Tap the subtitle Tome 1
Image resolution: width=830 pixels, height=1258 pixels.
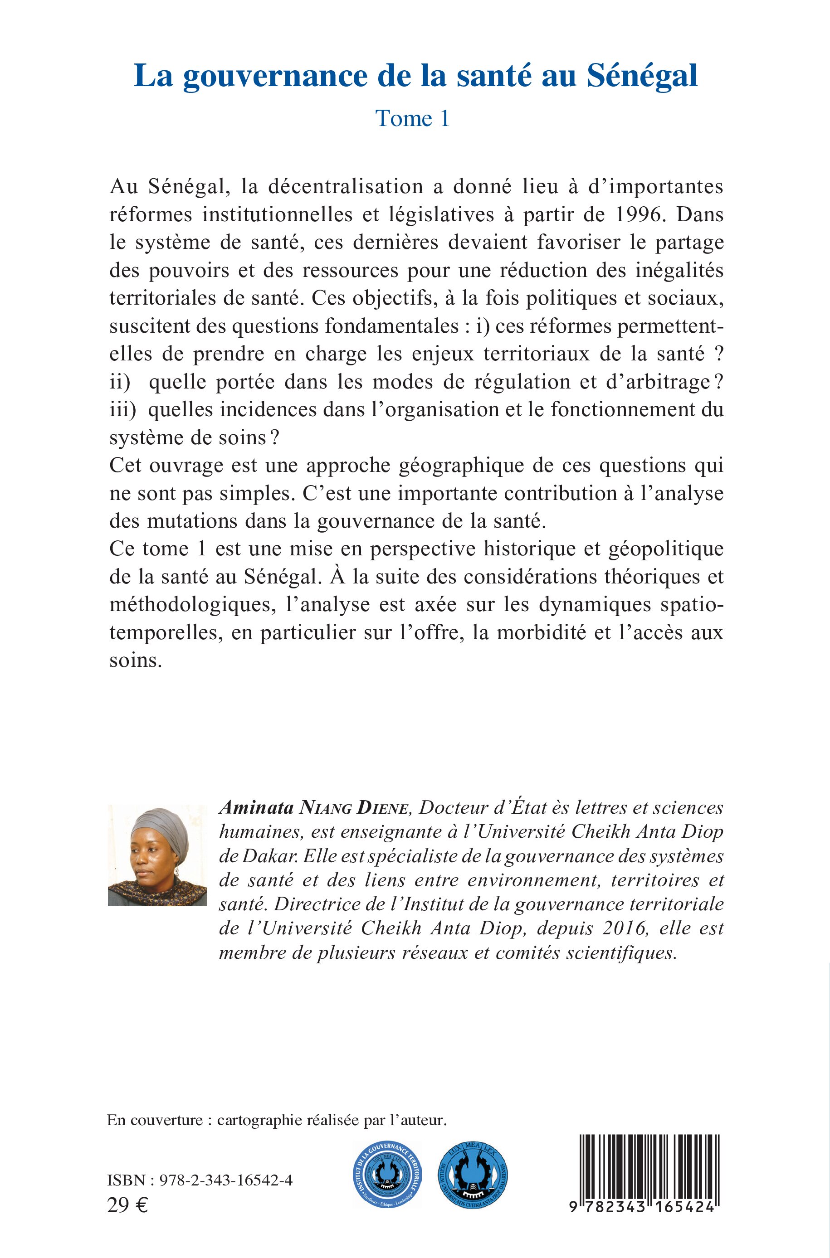coord(412,118)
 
